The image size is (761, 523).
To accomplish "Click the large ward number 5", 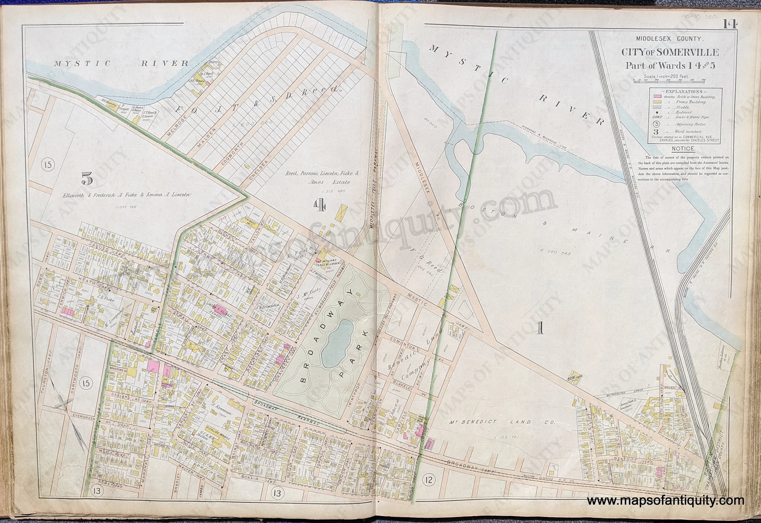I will point(87,179).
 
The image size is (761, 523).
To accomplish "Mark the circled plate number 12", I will point(429,480).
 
